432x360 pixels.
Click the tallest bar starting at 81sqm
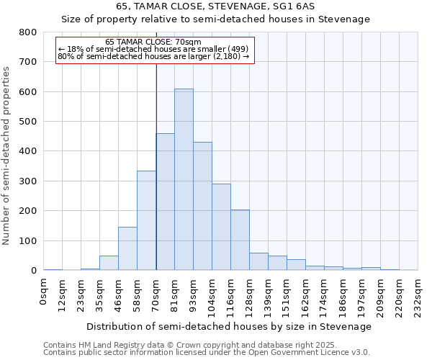coord(184,180)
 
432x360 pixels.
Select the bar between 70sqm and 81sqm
coord(165,202)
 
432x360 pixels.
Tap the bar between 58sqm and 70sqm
coord(146,220)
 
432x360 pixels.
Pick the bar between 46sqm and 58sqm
coord(127,248)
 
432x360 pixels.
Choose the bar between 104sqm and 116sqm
coord(221,227)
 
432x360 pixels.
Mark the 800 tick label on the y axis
coord(28,32)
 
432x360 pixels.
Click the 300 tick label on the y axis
coord(28,181)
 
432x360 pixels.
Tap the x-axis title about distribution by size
coord(230,326)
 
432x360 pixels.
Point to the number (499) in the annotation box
coord(238,49)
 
